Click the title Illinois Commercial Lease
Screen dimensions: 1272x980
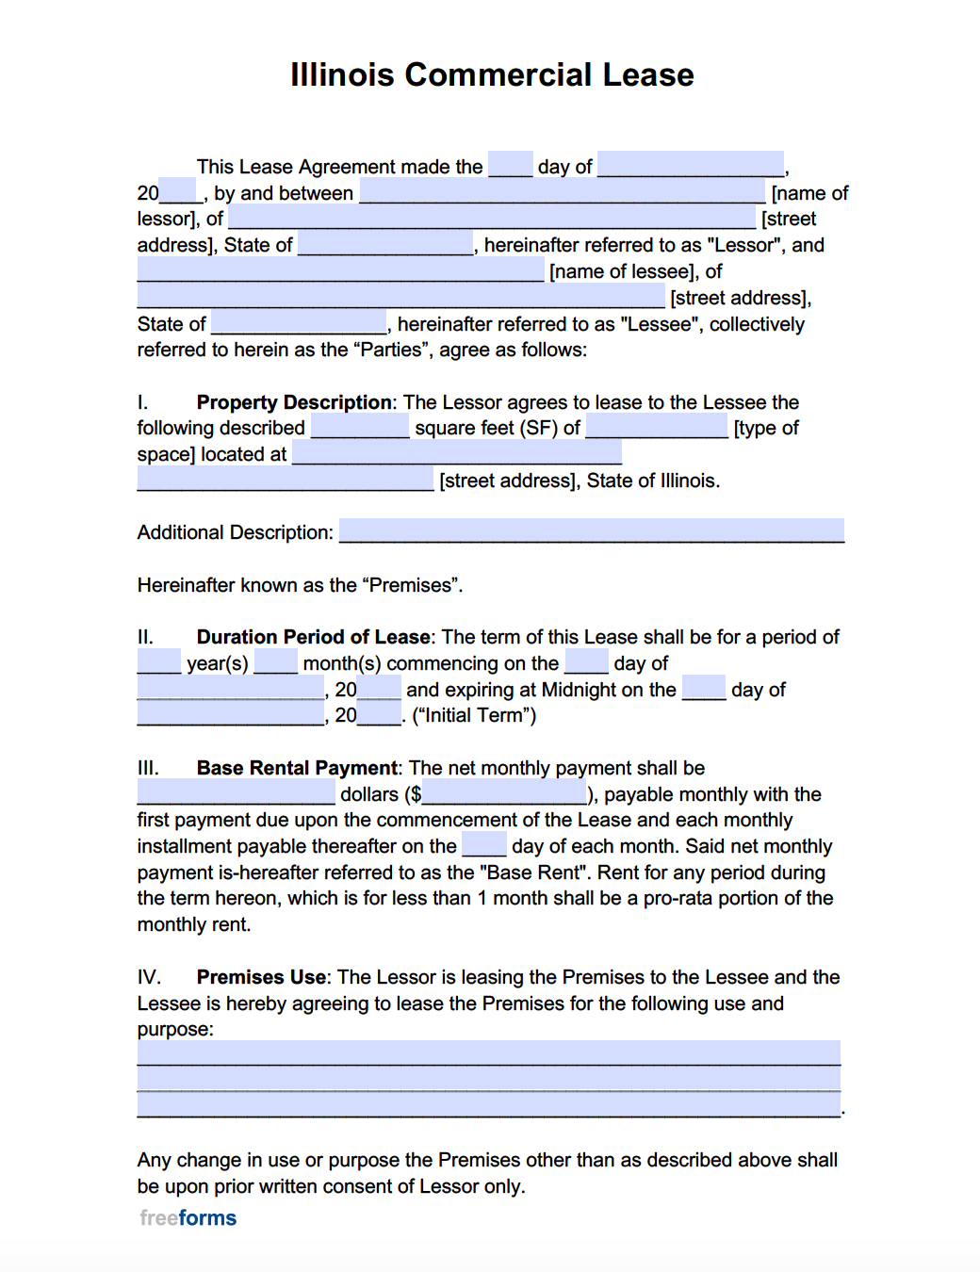[x=492, y=74]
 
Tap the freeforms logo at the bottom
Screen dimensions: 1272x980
[x=188, y=1217]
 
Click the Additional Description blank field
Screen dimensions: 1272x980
[x=591, y=531]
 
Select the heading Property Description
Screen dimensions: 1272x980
[x=294, y=402]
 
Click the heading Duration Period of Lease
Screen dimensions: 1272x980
[x=313, y=637]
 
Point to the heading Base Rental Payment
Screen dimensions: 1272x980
[x=297, y=768]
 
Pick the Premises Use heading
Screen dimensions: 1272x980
[x=261, y=977]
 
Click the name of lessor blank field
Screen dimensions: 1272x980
[x=563, y=192]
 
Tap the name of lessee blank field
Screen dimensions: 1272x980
[x=340, y=270]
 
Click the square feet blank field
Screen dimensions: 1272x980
[x=360, y=428]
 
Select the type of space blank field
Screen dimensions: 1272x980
[x=657, y=428]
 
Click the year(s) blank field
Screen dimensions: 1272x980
[x=158, y=662]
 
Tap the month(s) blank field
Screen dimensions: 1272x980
[x=275, y=662]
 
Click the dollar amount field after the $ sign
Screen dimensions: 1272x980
[x=504, y=793]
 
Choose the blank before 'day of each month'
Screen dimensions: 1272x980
[x=483, y=845]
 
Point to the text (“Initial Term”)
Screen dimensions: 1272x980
[x=474, y=715]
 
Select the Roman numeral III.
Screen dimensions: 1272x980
[x=148, y=768]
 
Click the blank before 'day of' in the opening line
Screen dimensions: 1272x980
[x=510, y=166]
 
